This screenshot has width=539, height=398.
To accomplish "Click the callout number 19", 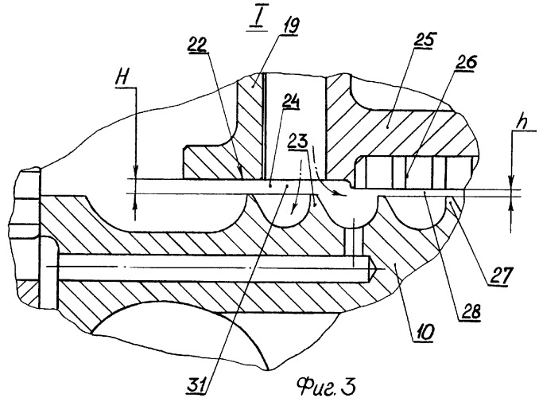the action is click(290, 25).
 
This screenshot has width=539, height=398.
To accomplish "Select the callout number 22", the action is click(197, 45).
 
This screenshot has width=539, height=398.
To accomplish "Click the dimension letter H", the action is click(122, 78).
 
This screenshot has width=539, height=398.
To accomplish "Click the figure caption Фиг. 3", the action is click(325, 386).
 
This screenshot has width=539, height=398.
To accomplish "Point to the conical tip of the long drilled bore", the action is click(372, 269).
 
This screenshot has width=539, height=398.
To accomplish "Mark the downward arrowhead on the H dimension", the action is click(135, 171).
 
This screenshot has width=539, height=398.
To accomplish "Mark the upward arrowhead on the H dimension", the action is click(135, 201).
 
